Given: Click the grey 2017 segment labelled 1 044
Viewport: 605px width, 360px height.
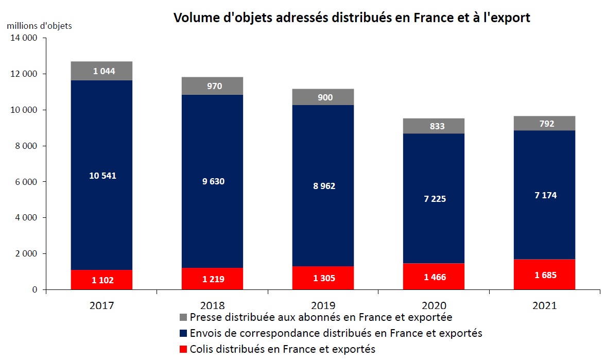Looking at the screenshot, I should pos(101,71).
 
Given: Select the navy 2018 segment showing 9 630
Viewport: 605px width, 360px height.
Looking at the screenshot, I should pos(212,181).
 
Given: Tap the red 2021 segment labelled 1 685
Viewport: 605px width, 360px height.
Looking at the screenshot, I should pos(544,275).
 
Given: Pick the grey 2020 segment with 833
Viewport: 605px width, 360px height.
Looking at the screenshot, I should pos(434,126).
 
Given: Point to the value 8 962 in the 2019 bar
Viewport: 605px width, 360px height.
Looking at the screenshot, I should pos(323,186).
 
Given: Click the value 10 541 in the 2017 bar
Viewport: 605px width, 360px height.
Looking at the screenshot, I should pos(102,176).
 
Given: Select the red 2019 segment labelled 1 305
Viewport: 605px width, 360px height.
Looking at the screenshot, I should pos(323,278).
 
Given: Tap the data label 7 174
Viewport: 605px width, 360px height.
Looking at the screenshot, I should pos(545,195).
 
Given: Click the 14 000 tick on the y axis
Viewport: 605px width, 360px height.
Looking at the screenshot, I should pos(24,38).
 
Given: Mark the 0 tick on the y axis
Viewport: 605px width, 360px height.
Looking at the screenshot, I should pos(34,289).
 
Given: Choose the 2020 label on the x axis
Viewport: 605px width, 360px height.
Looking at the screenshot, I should pos(434,305).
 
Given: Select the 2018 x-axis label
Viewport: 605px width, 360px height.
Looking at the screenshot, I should pos(212,305).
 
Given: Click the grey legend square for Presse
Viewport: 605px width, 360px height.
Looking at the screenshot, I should pos(183,317).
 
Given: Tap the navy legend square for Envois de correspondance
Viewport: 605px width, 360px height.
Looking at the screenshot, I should pos(183,333).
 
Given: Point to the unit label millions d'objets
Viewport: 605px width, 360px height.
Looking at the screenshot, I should pos(39,25).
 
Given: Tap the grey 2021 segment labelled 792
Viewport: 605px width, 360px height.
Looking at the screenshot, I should pos(544,123).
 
